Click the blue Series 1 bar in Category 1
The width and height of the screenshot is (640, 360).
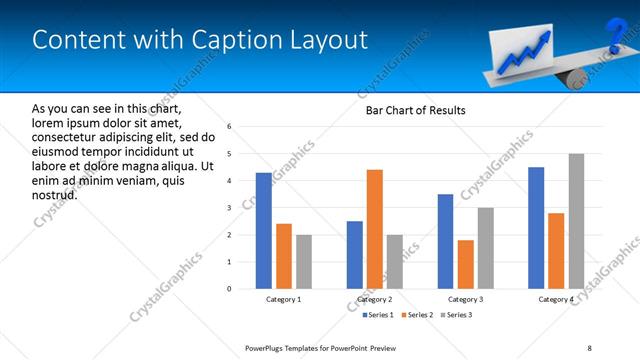coord(264,231)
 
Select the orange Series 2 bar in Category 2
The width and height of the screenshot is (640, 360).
coord(375,229)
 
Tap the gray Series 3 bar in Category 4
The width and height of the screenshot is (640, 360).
coord(576,221)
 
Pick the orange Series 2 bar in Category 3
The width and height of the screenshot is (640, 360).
coord(465,264)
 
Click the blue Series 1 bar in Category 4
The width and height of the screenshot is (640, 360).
coord(536,228)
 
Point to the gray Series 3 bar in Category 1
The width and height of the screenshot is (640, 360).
coord(304,262)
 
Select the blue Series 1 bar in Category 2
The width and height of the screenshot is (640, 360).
coord(355,255)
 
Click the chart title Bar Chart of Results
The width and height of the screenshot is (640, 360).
coord(415,110)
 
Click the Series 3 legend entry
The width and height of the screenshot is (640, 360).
coord(455,315)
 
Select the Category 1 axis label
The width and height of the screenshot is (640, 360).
coord(284,299)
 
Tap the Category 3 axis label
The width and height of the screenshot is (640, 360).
coord(465,299)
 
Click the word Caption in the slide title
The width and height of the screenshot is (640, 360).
coord(227,41)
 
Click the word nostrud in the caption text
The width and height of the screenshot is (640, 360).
coord(55,194)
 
